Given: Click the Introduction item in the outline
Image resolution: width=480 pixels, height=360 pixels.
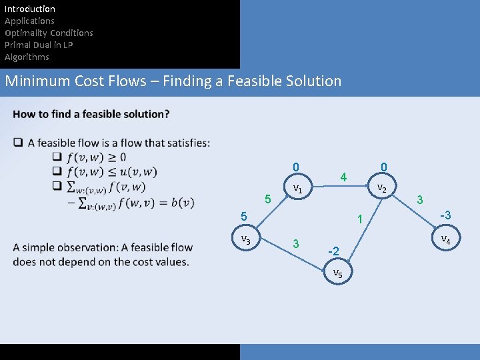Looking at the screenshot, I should [x=30, y=9].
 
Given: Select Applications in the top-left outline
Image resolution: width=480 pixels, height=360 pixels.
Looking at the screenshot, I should [x=29, y=21].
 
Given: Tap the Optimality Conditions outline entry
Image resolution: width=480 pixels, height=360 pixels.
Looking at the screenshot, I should [x=49, y=33].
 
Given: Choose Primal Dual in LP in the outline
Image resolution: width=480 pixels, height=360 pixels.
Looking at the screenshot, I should [x=39, y=45].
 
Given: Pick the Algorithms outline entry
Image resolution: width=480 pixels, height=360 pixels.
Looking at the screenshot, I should [x=27, y=57].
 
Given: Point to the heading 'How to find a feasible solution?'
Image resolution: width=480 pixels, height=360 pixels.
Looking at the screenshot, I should [x=91, y=114].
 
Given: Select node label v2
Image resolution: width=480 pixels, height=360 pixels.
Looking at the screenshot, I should [x=382, y=188].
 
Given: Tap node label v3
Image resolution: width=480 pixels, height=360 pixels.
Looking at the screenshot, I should [x=246, y=239].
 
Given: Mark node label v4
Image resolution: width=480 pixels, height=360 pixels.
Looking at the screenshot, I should [x=445, y=239].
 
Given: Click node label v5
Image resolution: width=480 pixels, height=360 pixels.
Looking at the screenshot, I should [x=337, y=273].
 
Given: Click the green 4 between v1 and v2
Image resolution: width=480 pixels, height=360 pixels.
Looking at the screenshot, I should [x=343, y=177].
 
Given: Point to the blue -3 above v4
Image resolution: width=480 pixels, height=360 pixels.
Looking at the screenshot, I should [x=444, y=215].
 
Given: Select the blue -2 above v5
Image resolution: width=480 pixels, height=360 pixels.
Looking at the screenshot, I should [x=334, y=251].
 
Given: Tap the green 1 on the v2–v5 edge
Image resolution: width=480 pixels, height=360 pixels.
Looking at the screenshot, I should [x=359, y=219].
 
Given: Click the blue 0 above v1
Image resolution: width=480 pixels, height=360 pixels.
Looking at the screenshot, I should [x=296, y=167].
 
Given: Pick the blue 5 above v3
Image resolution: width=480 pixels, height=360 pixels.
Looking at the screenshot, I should [x=244, y=217].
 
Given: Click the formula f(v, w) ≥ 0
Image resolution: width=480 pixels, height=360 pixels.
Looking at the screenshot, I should [x=96, y=157].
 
